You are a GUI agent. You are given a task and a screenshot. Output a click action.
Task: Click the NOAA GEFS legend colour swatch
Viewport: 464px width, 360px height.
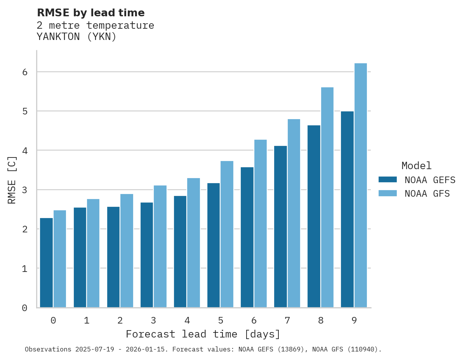[x=388, y=180]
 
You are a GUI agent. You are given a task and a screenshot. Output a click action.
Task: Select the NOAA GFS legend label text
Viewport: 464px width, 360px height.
[x=427, y=194]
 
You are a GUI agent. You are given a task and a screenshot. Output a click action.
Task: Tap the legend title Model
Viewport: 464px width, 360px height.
[x=416, y=166]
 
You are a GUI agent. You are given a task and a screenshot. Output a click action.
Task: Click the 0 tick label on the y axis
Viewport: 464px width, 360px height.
[x=24, y=308]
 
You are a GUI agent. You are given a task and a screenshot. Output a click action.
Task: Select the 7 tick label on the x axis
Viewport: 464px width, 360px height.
[x=287, y=320]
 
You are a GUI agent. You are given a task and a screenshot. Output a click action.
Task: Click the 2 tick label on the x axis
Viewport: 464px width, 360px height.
[x=120, y=320]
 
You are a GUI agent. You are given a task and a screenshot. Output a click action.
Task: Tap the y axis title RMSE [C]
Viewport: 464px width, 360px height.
[x=12, y=180]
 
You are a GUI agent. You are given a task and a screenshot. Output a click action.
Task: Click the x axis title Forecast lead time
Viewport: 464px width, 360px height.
[x=203, y=334]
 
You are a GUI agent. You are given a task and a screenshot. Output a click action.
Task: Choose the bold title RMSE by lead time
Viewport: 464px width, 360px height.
[x=90, y=13]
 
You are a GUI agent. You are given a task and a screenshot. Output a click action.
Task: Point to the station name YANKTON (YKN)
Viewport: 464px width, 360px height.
[x=76, y=37]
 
